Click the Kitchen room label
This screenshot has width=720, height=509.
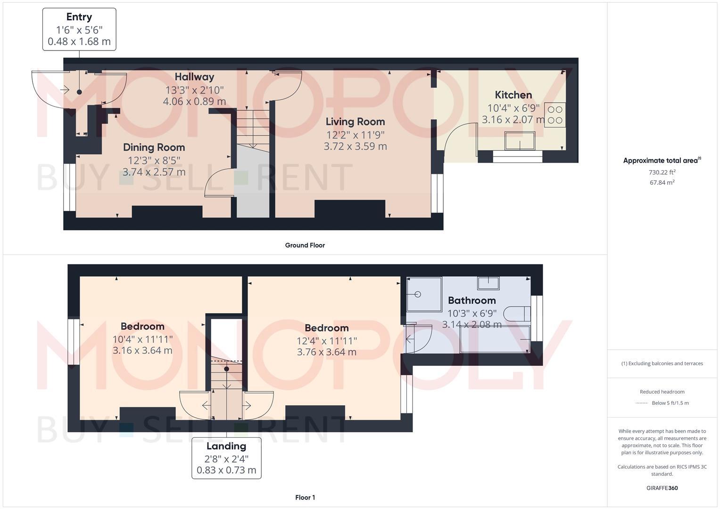513,95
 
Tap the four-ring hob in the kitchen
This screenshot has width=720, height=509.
555,115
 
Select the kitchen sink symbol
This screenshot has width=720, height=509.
520,140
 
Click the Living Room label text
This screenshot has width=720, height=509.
355,122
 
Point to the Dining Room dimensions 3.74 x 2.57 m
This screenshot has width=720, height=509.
154,172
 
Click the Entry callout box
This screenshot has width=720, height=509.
79,29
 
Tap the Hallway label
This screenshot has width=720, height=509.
194,77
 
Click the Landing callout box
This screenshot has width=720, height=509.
226,458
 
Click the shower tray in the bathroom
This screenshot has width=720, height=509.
424,294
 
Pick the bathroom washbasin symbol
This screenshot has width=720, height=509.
488,283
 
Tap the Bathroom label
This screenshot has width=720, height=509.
472,300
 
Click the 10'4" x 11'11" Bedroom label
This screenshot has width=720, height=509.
142,327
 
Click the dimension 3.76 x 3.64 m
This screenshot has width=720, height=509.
326,352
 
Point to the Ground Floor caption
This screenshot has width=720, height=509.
305,245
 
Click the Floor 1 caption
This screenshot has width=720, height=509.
305,497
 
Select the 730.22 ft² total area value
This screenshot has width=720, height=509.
662,172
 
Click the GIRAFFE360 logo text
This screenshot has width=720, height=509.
662,488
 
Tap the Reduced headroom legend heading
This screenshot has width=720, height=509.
662,392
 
